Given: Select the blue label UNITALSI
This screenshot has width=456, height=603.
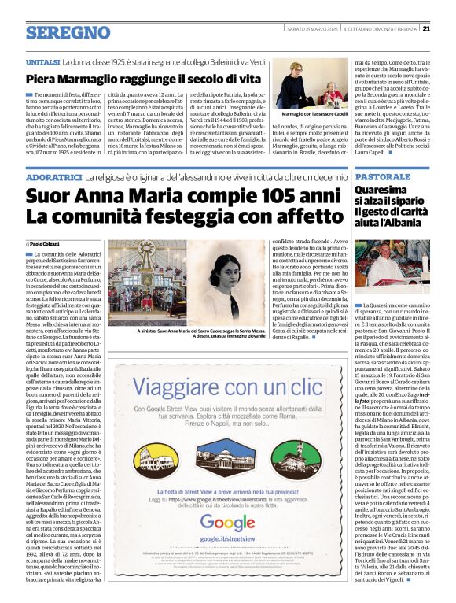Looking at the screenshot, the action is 42,61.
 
